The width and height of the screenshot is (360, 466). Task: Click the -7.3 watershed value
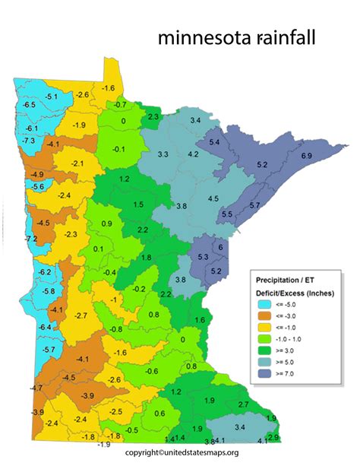tap(29, 141)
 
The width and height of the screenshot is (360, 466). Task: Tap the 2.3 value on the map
tap(153, 116)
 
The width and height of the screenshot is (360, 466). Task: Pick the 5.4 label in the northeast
tap(214, 143)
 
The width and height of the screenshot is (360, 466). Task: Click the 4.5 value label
tap(213, 198)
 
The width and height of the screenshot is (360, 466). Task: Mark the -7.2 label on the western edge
tap(31, 239)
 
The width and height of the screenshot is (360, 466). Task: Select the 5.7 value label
tap(255, 205)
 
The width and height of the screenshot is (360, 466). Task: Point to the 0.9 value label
tap(106, 223)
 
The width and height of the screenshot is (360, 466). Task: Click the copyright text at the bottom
tap(179, 454)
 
